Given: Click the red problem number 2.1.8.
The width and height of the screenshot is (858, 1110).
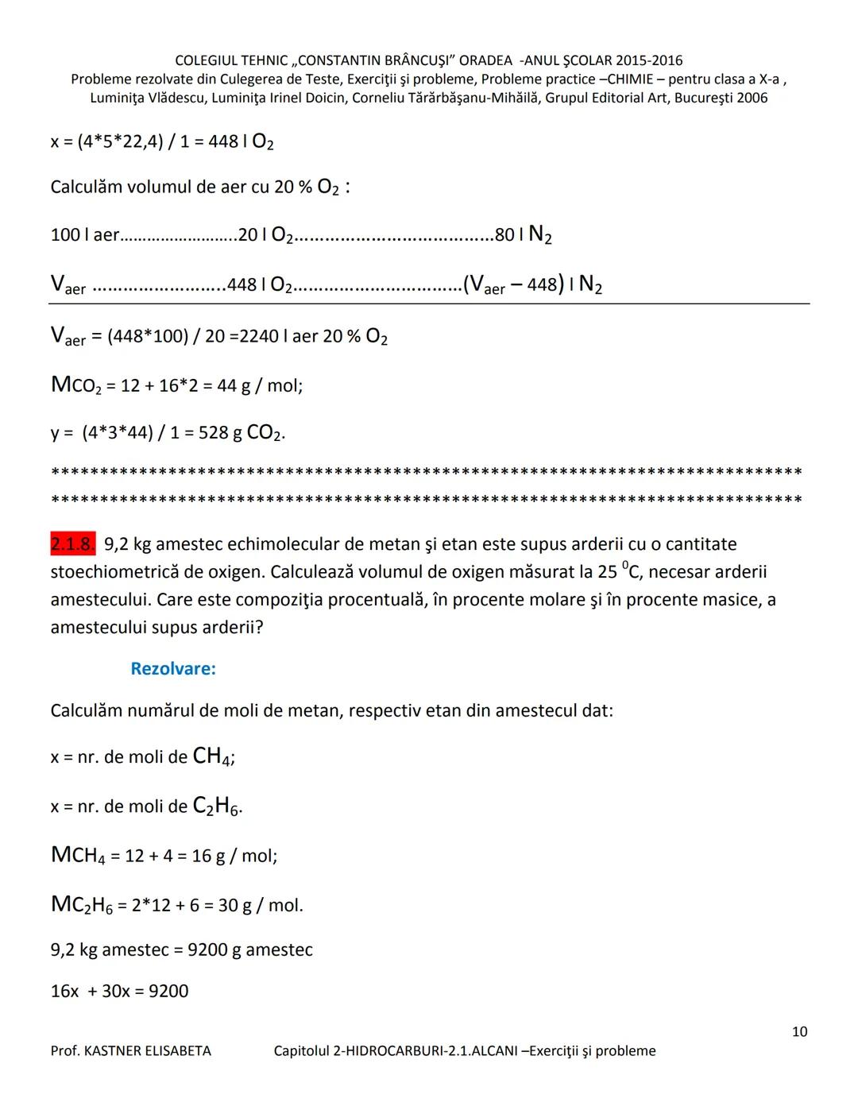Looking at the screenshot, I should [72, 544].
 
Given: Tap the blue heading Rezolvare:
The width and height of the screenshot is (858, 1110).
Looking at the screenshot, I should [173, 668].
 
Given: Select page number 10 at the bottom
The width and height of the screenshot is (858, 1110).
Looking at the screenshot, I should [799, 1031].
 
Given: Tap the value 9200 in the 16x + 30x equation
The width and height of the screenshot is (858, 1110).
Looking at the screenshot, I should [168, 991].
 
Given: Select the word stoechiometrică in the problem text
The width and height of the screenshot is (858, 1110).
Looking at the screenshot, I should [118, 572].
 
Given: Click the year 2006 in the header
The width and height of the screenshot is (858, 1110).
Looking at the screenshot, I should [752, 98].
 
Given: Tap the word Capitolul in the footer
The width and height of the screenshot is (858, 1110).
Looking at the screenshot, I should [302, 1050].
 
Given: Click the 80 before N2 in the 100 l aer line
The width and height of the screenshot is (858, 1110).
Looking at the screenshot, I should [504, 234].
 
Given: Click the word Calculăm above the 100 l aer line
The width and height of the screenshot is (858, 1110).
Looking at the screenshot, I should [87, 188].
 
